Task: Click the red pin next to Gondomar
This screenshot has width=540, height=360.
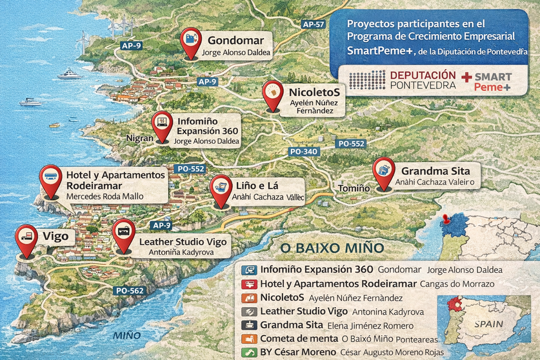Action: [x=190, y=41]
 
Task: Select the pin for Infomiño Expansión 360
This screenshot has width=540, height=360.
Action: [x=161, y=123]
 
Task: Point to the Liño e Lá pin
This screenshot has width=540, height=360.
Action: [x=221, y=188]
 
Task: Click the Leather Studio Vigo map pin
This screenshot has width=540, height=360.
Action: [x=123, y=233]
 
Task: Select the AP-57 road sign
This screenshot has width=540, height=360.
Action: [x=313, y=24]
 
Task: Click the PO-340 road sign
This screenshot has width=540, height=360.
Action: [x=304, y=152]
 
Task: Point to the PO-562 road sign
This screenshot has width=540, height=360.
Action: [x=130, y=290]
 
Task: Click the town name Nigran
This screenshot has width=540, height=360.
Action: [x=140, y=138]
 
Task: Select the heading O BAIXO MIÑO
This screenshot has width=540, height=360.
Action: [x=328, y=248]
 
